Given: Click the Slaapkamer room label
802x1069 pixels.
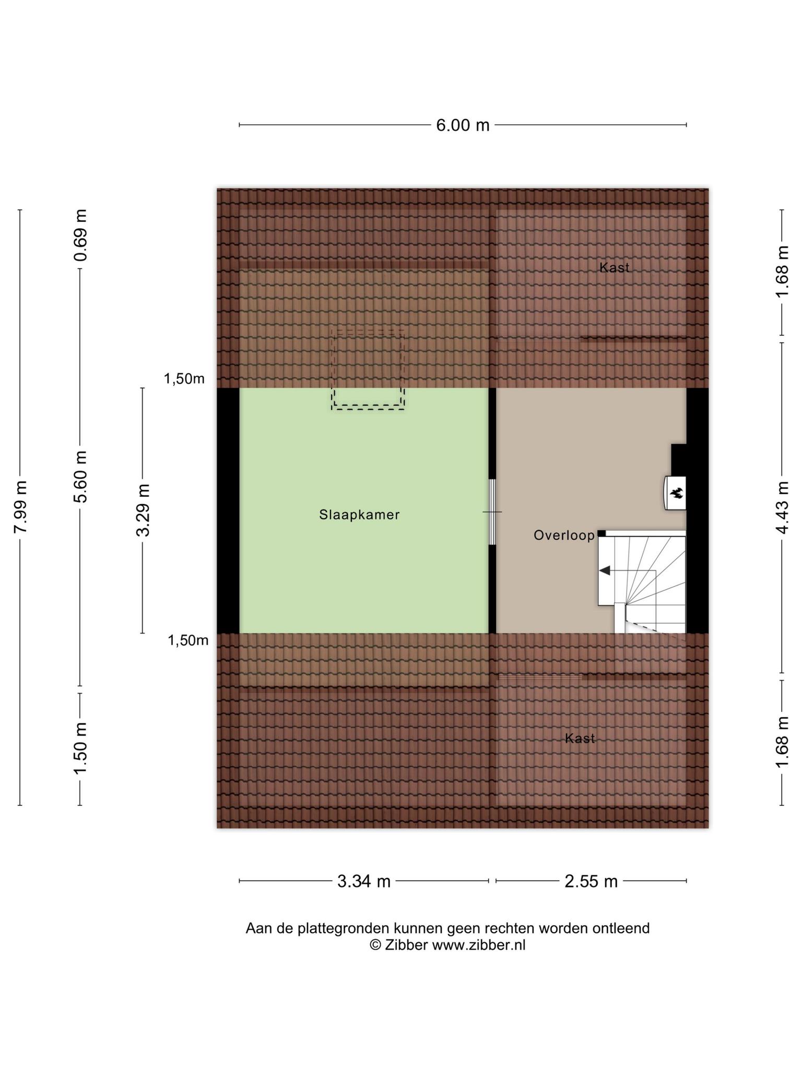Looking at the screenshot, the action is click(x=359, y=515).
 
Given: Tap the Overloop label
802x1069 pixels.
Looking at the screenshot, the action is click(x=564, y=535).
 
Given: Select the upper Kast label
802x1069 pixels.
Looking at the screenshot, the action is click(x=614, y=267).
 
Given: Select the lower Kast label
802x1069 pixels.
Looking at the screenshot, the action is click(x=580, y=738).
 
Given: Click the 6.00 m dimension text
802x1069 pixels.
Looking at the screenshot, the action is click(x=463, y=125).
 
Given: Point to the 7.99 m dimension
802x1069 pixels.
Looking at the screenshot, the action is click(x=20, y=507).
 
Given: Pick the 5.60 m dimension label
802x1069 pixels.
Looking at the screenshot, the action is click(x=80, y=477).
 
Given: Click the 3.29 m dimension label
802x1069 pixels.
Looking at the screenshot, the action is click(x=143, y=510).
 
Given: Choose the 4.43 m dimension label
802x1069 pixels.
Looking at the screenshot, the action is click(x=782, y=507).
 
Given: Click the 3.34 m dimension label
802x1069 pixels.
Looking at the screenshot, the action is click(x=364, y=881).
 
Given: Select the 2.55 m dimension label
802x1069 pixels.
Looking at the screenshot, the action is click(x=591, y=881).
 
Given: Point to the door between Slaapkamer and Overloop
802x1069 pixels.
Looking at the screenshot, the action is click(x=492, y=512).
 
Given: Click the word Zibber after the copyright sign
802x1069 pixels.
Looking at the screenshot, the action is click(x=406, y=945).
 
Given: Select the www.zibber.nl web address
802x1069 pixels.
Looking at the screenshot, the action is click(x=478, y=945).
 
